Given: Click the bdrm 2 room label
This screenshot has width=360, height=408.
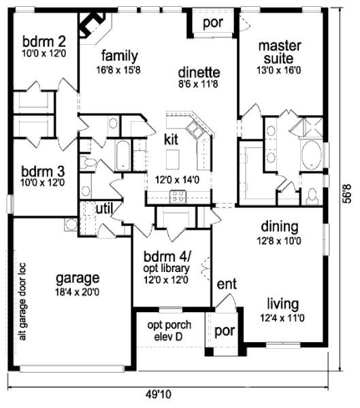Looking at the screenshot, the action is coord(44,41).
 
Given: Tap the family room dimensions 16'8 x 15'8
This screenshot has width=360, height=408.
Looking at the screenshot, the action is coord(118,70).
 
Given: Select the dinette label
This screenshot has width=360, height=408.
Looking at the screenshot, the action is coord(199,72).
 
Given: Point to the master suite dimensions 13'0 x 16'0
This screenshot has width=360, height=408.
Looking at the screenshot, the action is coord(279,70).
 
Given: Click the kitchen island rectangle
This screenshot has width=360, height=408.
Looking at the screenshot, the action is coord(172,159).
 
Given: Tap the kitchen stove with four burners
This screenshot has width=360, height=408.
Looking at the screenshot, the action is coord(178,197).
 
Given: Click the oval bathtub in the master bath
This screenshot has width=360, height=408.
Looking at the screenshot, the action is coord(311,155).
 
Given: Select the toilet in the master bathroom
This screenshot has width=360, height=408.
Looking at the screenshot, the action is coord(312,197).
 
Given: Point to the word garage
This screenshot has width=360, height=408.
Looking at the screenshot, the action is coord(78,279).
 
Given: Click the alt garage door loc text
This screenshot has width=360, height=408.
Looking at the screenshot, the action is coord(22,301).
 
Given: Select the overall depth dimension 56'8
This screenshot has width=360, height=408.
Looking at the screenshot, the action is coord(347,193).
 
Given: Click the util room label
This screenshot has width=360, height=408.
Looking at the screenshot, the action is coord(104,209).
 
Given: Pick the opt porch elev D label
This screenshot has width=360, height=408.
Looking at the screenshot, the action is coord(169,330).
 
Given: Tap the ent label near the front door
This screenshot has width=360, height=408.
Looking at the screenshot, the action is coord(227,284).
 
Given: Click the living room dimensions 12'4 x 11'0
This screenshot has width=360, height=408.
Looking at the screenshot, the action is coord(282,318).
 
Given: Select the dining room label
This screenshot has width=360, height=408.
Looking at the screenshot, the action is coord(280,226).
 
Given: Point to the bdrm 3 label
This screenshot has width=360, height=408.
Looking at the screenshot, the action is coord(43,171).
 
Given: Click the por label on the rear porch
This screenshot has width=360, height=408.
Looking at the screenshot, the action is coord(213,23).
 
